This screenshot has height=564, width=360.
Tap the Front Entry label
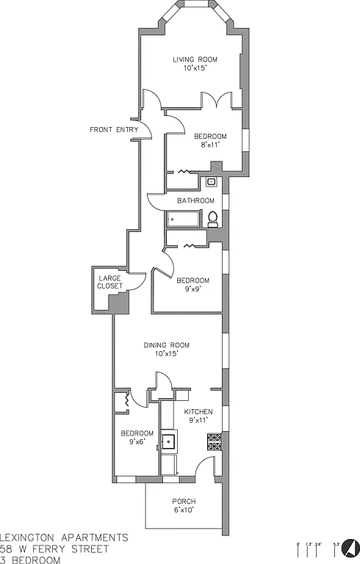coord(114,130)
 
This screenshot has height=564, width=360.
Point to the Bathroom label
coord(195,200)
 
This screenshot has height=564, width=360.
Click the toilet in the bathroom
coord(212,218)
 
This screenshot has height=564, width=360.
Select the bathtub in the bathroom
coord(183,218)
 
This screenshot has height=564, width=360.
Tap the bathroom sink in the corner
coord(212,181)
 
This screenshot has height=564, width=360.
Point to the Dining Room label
coord(167,344)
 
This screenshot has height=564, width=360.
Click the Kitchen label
coord(198,411)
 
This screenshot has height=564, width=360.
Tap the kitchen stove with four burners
coord(214,441)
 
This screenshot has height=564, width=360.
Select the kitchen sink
coord(170,441)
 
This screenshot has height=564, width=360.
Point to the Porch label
coord(184,502)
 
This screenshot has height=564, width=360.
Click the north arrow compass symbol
coord(351,547)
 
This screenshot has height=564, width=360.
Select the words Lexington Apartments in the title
coord(64,538)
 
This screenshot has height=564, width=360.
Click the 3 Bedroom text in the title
coord(31,560)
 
